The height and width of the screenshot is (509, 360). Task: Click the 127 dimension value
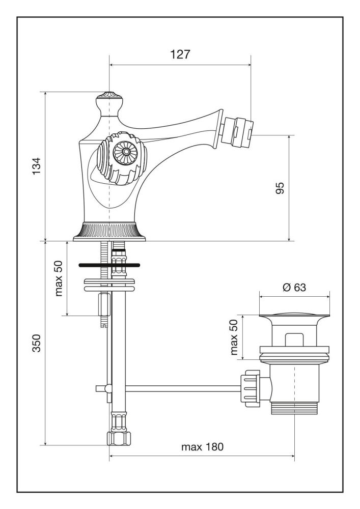(x=180, y=54)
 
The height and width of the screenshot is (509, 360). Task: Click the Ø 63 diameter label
(x=294, y=288)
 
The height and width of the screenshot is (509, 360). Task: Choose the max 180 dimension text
(x=202, y=447)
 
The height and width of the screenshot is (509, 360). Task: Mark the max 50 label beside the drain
(x=234, y=336)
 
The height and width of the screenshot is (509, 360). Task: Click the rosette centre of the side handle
(x=122, y=151)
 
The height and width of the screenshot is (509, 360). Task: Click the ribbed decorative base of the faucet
(x=109, y=232)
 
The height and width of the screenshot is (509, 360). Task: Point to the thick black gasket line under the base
(x=109, y=265)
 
